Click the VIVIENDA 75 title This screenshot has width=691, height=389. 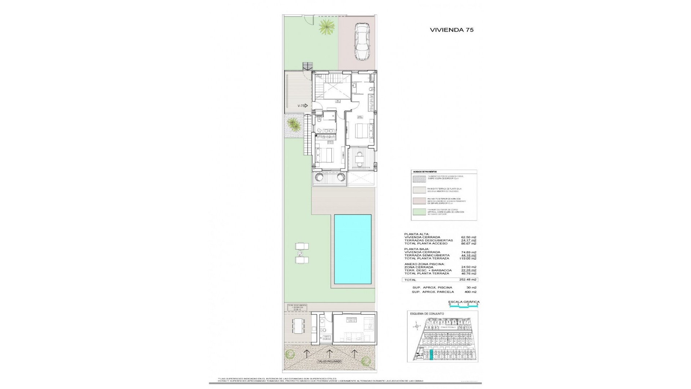tap(452, 30)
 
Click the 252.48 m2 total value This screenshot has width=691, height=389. tap(469, 280)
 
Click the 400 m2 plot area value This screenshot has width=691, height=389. tap(471, 292)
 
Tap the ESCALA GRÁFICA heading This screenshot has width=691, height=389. tap(464, 302)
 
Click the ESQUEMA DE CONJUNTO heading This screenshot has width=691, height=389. tap(427, 314)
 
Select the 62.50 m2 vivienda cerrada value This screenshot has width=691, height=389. tap(469, 237)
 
